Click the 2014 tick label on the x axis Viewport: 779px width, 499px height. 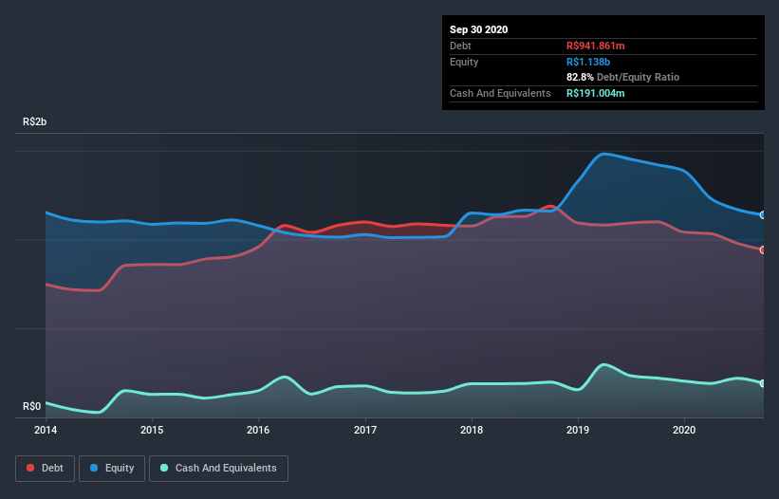tap(46, 430)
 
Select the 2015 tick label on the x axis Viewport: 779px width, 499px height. tap(152, 430)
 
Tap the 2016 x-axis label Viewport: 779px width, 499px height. tap(258, 430)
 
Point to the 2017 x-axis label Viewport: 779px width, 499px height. tap(365, 430)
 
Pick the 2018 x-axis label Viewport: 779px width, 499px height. tap(472, 430)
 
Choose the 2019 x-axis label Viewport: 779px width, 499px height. tap(578, 430)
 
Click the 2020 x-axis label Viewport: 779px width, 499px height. tap(684, 430)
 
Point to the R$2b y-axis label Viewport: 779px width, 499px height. tap(34, 122)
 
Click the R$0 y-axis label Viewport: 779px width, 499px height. tap(31, 407)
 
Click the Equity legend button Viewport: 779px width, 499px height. tap(112, 468)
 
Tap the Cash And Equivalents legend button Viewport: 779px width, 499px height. tap(218, 468)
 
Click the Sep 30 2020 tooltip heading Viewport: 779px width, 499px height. tap(479, 29)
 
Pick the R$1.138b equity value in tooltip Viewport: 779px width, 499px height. tap(589, 62)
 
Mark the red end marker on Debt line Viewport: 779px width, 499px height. tap(763, 249)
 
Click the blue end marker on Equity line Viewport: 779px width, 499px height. tap(763, 215)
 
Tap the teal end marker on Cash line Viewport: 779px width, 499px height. tap(763, 383)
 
